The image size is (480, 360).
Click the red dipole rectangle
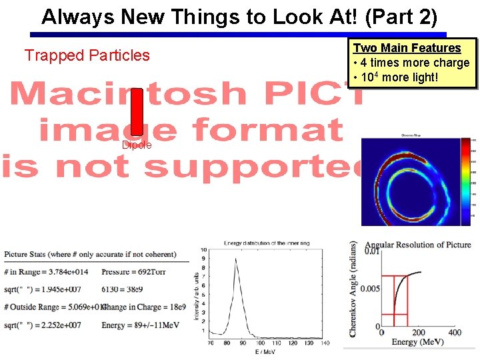point(137,112)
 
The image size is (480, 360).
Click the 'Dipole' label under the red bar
point(137,145)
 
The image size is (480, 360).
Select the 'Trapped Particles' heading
point(87,55)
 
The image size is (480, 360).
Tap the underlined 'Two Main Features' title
point(407,48)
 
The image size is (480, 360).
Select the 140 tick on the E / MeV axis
point(324,343)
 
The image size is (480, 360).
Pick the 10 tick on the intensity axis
point(203,251)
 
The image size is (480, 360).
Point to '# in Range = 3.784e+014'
point(46,272)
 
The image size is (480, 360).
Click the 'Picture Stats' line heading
point(90,255)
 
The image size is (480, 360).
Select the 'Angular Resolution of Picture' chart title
point(417,245)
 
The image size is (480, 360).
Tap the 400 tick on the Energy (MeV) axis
point(454,333)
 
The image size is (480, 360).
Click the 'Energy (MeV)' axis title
point(413,343)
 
